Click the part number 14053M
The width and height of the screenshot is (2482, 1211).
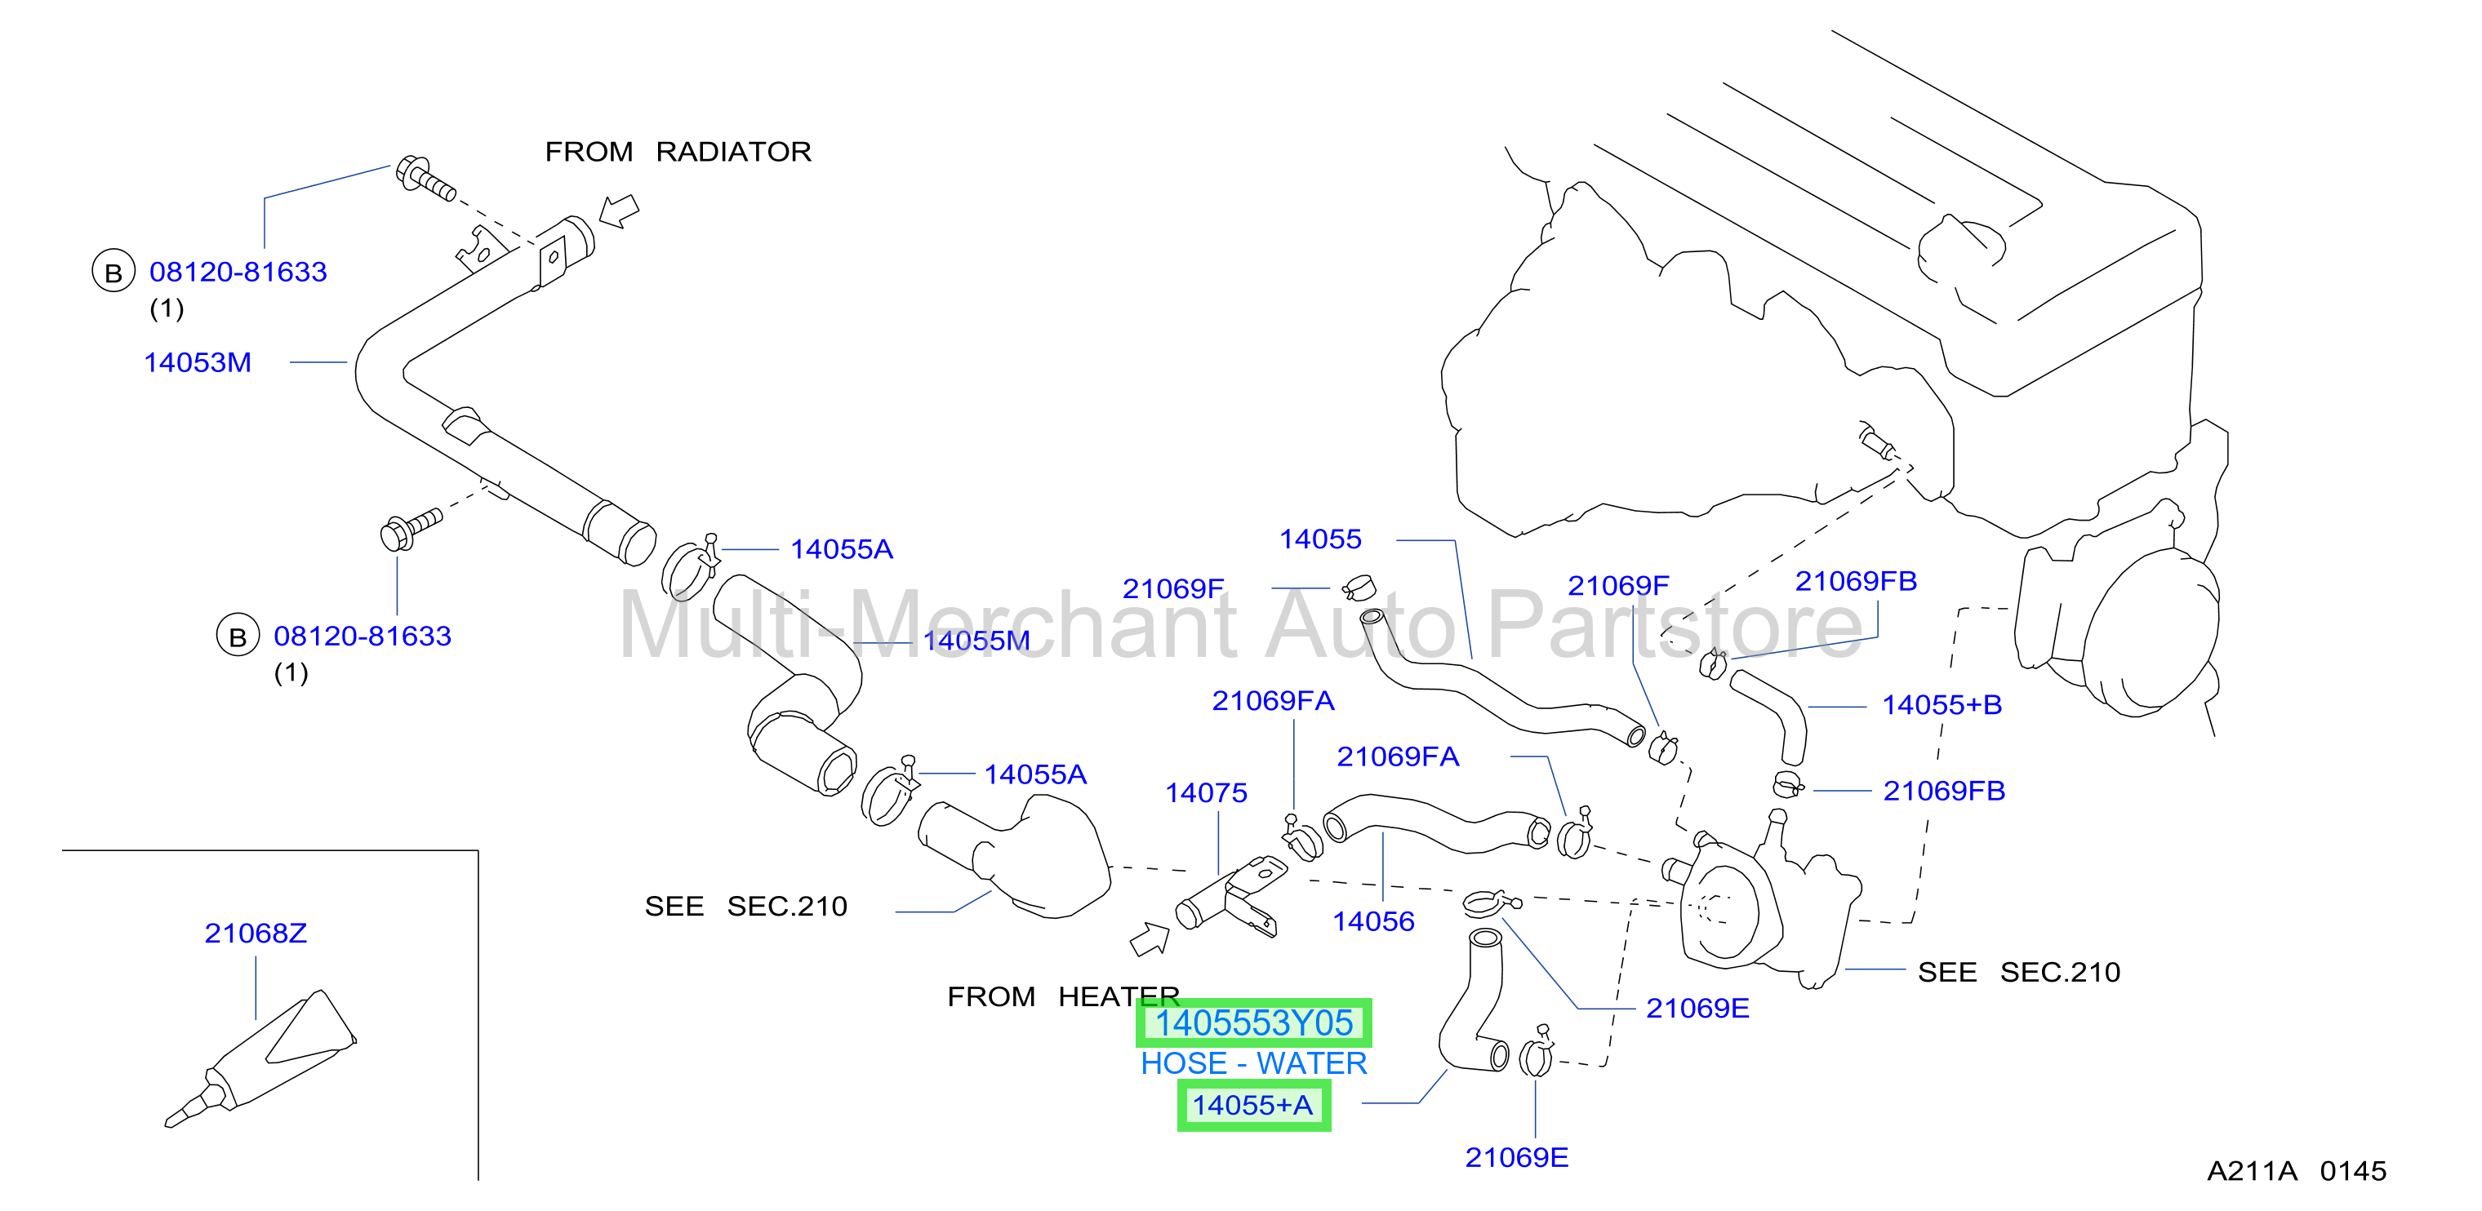pyautogui.click(x=198, y=362)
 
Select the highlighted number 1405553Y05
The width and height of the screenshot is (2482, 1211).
pyautogui.click(x=1253, y=1022)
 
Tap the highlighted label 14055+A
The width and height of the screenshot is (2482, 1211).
pyautogui.click(x=1253, y=1105)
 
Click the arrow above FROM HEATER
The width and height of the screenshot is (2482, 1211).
pyautogui.click(x=1150, y=939)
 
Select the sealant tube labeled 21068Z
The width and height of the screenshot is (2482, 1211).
pyautogui.click(x=260, y=1058)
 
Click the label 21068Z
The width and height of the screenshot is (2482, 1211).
pyautogui.click(x=256, y=933)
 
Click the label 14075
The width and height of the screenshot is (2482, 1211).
pyautogui.click(x=1207, y=793)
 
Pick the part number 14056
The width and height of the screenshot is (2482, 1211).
pyautogui.click(x=1373, y=922)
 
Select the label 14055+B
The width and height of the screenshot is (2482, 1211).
pyautogui.click(x=1942, y=705)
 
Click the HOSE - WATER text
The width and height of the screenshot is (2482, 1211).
pyautogui.click(x=1253, y=1063)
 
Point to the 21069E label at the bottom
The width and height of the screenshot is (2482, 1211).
pyautogui.click(x=1517, y=1157)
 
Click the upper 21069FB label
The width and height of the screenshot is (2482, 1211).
pyautogui.click(x=1856, y=581)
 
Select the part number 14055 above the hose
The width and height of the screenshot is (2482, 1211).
pyautogui.click(x=1320, y=539)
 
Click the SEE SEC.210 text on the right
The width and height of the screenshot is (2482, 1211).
pyautogui.click(x=2018, y=972)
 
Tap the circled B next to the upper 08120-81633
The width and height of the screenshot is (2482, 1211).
pyautogui.click(x=113, y=273)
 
